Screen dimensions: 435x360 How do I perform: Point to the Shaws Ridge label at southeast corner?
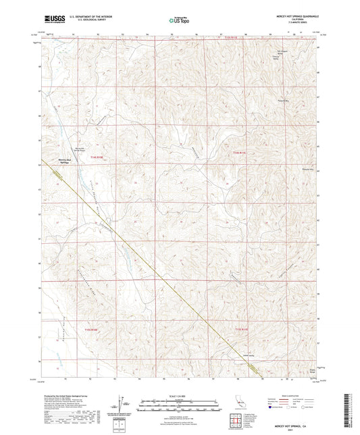312,371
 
